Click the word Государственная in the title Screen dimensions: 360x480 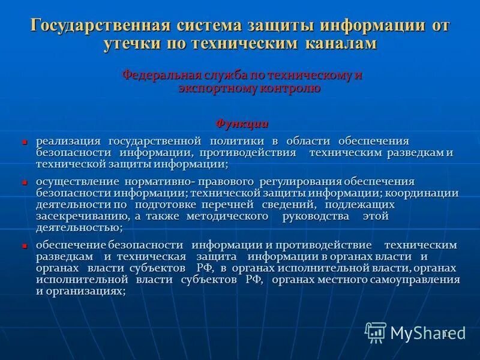pyautogui.click(x=98, y=26)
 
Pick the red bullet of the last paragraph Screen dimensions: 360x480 pyautogui.click(x=25, y=246)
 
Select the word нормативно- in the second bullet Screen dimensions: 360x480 pyautogui.click(x=158, y=181)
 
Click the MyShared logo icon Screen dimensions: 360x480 pyautogui.click(x=376, y=332)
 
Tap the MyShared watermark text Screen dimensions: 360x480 pyautogui.click(x=422, y=333)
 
